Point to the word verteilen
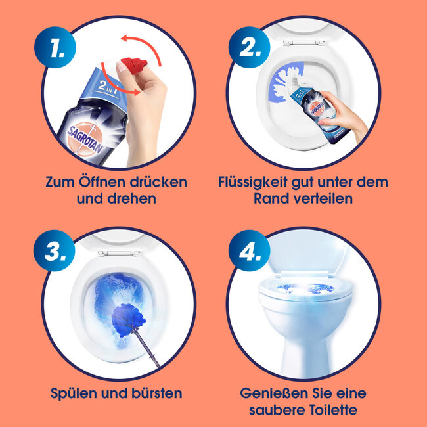click(x=329, y=198)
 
